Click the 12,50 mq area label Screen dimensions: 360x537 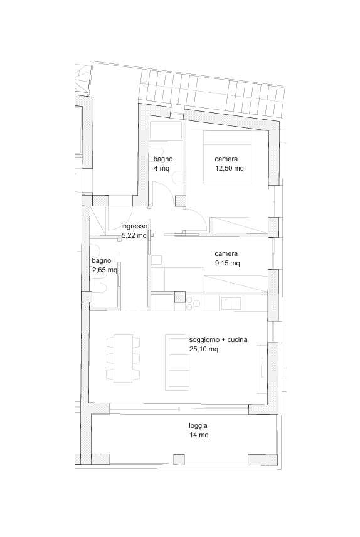tap(229, 168)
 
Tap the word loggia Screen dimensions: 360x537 tap(198, 426)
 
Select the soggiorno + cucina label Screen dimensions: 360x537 tap(218, 340)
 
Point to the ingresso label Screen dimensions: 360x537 tap(134, 226)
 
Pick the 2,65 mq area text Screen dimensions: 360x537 tap(105, 270)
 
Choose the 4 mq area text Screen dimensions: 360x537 tap(161, 168)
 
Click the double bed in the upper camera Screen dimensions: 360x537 tap(227, 157)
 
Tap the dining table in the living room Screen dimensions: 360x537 tap(124, 358)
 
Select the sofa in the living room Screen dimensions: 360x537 tap(177, 363)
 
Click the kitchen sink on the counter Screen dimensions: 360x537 tap(231, 304)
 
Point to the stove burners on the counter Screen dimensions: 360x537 tap(193, 304)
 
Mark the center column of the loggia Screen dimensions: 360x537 tap(179, 459)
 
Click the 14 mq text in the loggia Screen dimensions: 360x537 tap(199, 435)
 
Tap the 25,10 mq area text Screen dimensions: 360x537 tap(203, 349)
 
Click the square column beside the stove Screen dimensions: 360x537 tap(180, 297)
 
